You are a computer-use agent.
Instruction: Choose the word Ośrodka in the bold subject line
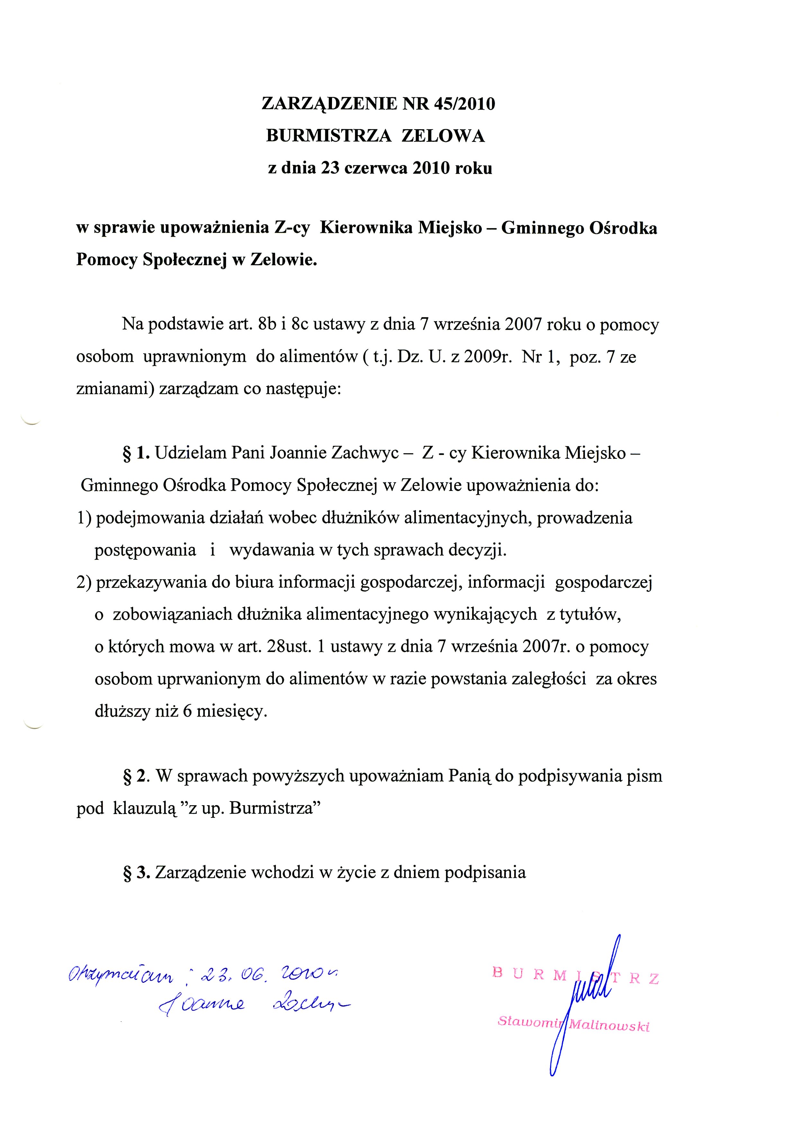tap(622, 229)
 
